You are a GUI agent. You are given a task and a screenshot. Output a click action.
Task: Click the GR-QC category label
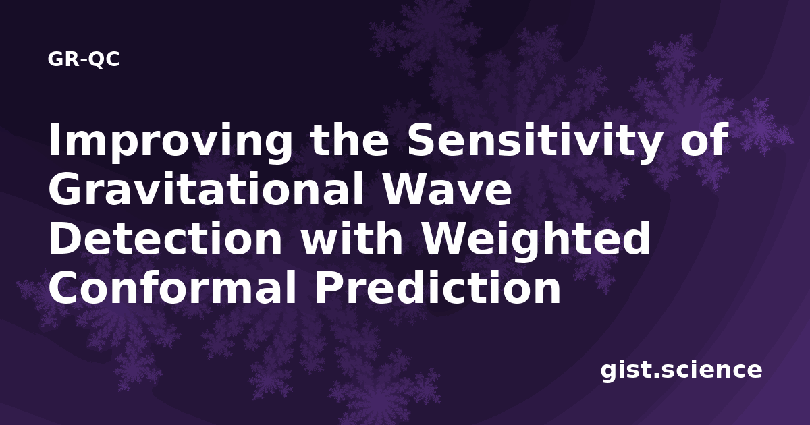pos(84,59)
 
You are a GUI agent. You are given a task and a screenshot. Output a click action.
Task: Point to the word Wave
pos(447,190)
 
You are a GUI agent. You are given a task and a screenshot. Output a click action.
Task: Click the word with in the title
pos(352,237)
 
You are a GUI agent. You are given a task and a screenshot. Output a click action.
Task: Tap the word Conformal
pos(172,287)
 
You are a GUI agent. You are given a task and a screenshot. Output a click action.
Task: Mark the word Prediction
pos(437,287)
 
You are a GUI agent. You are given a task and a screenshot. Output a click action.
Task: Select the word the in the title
pos(350,140)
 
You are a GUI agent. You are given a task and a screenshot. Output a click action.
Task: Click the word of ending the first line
pos(704,140)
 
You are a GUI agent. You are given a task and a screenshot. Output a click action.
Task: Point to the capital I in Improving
pos(54,140)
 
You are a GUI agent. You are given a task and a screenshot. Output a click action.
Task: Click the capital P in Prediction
pos(327,287)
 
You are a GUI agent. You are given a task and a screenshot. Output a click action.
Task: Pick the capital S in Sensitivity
pos(421,140)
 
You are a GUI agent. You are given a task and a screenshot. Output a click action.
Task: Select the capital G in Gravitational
pos(64,190)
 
